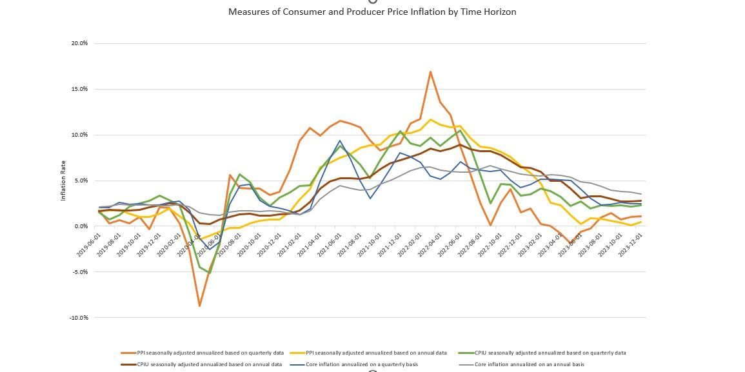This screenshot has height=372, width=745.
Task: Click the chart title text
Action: pos(372,12)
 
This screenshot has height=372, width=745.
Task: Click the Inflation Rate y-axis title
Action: pos(64,181)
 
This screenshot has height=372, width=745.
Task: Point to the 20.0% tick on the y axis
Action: pos(79,43)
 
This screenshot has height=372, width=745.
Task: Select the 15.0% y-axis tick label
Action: pos(79,89)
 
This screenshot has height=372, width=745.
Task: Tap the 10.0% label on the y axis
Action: pos(79,135)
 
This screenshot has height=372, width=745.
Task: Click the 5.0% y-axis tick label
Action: pos(81,181)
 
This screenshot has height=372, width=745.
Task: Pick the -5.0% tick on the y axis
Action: pos(80,272)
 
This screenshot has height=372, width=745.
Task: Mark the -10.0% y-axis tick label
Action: pos(79,318)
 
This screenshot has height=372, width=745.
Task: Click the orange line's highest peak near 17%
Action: pos(430,72)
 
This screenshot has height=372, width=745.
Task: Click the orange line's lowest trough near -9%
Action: pos(200,306)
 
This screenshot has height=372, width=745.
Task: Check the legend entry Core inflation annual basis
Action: pos(529,364)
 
